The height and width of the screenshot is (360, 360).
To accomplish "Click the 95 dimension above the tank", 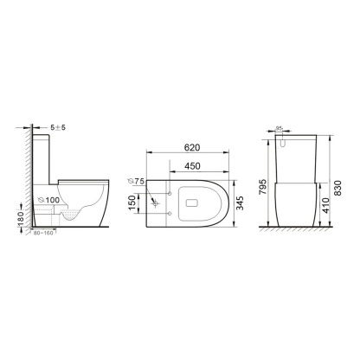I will [279, 130].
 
